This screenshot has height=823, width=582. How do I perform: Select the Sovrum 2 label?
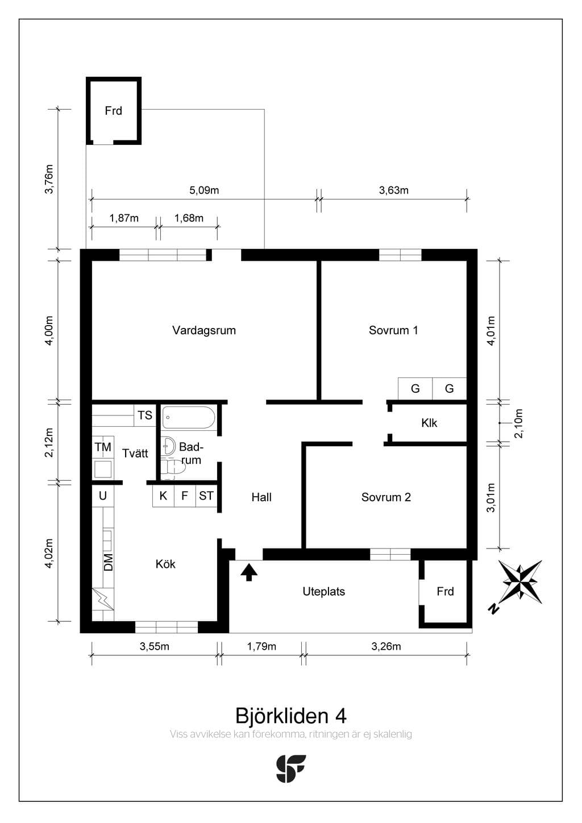(x=386, y=497)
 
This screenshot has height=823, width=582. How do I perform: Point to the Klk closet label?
(x=429, y=423)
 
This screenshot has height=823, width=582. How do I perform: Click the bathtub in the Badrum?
(x=189, y=417)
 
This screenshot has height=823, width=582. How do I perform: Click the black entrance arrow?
(x=249, y=572)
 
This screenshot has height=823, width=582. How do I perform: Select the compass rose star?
(x=522, y=582)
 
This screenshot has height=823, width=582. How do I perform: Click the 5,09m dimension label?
(x=204, y=190)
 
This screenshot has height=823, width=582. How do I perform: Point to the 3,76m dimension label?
(x=49, y=179)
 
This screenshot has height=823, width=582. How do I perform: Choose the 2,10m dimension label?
(x=518, y=423)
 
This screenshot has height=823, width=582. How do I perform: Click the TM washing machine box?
(x=103, y=447)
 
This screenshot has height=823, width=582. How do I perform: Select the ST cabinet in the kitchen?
(x=206, y=496)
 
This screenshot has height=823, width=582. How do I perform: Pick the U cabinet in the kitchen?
(x=102, y=496)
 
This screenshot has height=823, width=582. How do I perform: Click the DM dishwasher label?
(x=109, y=563)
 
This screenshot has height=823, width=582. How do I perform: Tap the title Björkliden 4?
(x=290, y=716)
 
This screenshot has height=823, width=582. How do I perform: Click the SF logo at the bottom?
(x=291, y=769)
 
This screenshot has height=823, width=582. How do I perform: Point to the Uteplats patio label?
(x=324, y=592)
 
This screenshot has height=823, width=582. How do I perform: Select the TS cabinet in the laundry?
(x=145, y=415)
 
